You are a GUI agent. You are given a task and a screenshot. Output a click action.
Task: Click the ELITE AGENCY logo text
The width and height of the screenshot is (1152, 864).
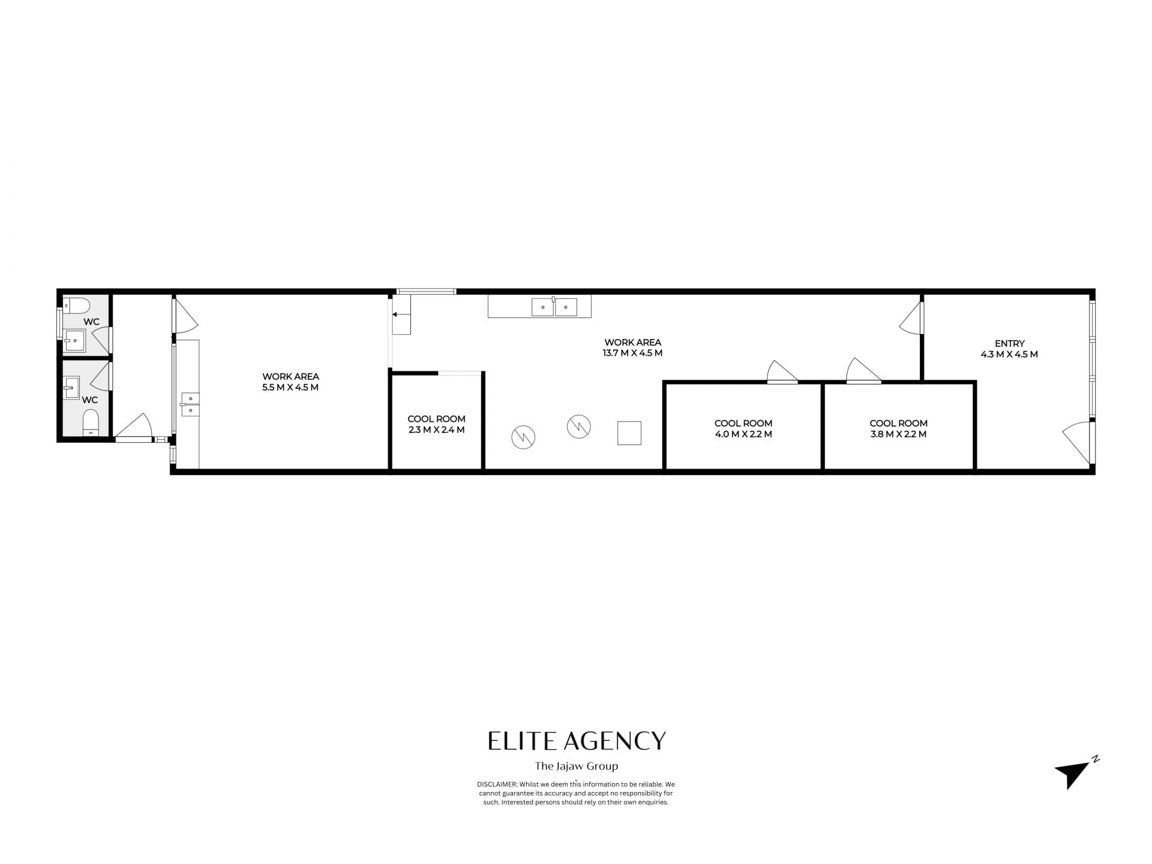point(577,741)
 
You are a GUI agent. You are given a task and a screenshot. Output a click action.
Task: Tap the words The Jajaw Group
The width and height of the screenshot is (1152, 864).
point(577,766)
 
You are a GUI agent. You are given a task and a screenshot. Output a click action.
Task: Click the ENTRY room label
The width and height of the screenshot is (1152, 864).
point(1010,344)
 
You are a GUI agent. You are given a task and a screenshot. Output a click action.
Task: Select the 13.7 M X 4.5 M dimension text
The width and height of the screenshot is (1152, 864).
point(632,353)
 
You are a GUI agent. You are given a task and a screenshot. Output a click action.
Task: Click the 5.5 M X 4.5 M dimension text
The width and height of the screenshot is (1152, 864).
point(290,388)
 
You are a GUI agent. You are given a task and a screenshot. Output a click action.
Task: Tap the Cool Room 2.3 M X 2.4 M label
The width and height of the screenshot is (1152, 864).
point(436,424)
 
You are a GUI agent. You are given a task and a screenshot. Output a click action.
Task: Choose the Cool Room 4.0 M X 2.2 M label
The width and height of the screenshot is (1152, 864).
point(743,428)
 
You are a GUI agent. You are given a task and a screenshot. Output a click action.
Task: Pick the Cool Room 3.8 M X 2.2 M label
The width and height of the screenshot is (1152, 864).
point(898,428)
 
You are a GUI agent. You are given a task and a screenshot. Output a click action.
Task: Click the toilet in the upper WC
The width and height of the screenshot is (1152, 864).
point(76,305)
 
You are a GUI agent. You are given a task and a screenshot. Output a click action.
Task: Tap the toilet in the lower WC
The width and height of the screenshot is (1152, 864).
point(91,422)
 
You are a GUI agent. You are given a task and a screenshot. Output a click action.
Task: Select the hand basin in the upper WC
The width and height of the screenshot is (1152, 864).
point(74,340)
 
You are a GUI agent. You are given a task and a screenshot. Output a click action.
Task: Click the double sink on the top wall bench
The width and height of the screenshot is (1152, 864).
point(554,307)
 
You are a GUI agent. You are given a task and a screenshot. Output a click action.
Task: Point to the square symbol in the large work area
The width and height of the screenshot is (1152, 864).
point(629,433)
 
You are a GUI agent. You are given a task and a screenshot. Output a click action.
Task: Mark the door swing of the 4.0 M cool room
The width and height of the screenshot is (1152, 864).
point(782,371)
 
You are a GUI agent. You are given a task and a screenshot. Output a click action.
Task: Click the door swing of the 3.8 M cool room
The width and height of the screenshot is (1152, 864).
point(863,370)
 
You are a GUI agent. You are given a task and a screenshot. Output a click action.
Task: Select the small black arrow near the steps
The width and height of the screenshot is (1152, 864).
point(395,314)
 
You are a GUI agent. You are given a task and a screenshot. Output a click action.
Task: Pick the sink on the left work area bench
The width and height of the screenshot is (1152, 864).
point(190,404)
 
